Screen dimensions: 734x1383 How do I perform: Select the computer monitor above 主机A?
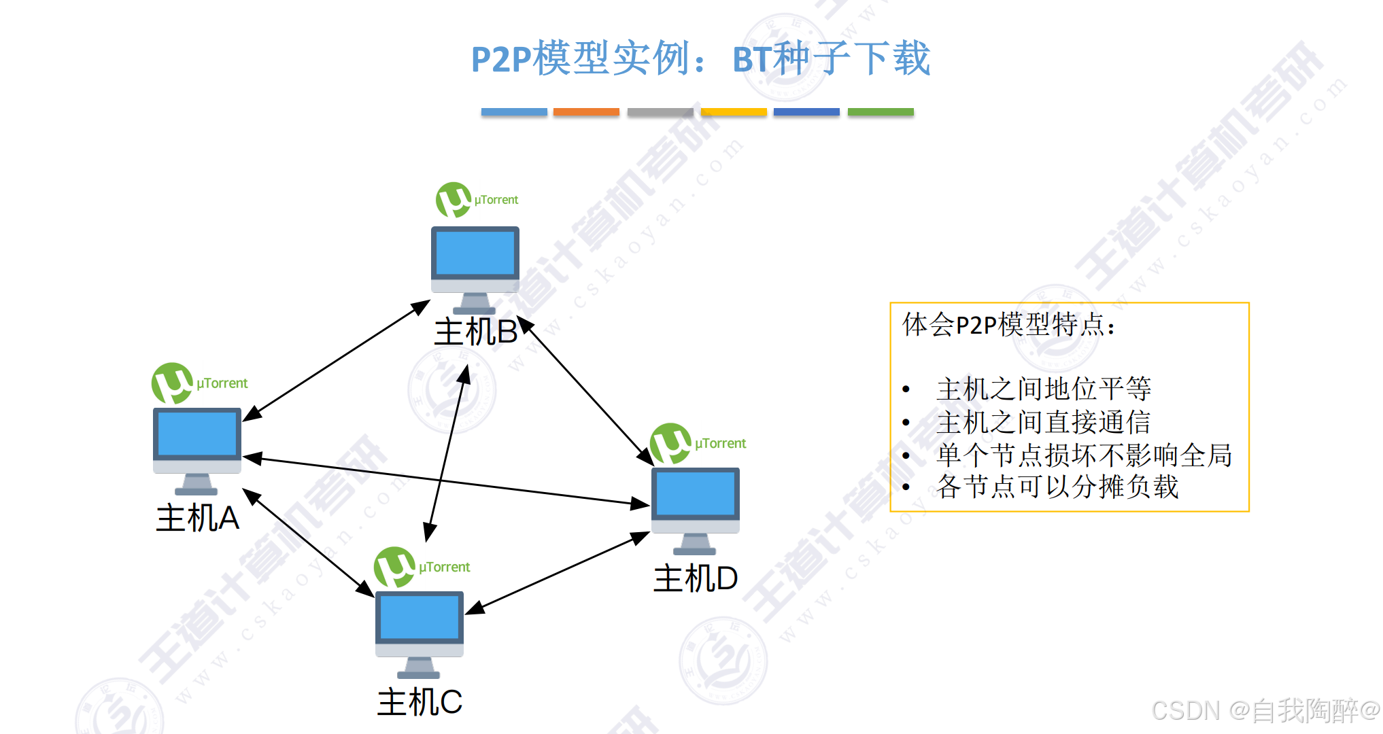click(197, 442)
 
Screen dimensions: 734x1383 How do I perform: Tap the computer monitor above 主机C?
click(420, 625)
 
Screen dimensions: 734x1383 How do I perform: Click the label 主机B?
click(475, 332)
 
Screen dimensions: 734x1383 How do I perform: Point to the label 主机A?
click(197, 518)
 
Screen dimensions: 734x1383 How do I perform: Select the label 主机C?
click(420, 702)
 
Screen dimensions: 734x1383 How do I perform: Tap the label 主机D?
click(695, 578)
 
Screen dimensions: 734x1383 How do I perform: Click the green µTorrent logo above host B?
click(454, 200)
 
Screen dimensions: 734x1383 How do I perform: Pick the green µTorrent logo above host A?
click(172, 383)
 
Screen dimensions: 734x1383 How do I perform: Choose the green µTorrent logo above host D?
click(670, 444)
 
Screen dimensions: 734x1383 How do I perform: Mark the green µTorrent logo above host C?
click(394, 567)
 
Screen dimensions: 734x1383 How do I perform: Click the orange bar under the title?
click(586, 112)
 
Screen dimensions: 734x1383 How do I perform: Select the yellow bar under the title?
click(734, 112)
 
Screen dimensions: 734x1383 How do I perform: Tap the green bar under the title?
click(881, 112)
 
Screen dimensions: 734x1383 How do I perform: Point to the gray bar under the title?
click(660, 112)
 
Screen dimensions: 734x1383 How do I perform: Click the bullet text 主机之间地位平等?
click(1043, 389)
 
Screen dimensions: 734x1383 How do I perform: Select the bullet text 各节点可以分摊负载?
click(1057, 487)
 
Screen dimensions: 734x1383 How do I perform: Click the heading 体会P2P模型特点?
click(1008, 325)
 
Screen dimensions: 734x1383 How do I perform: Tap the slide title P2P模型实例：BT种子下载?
click(700, 58)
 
